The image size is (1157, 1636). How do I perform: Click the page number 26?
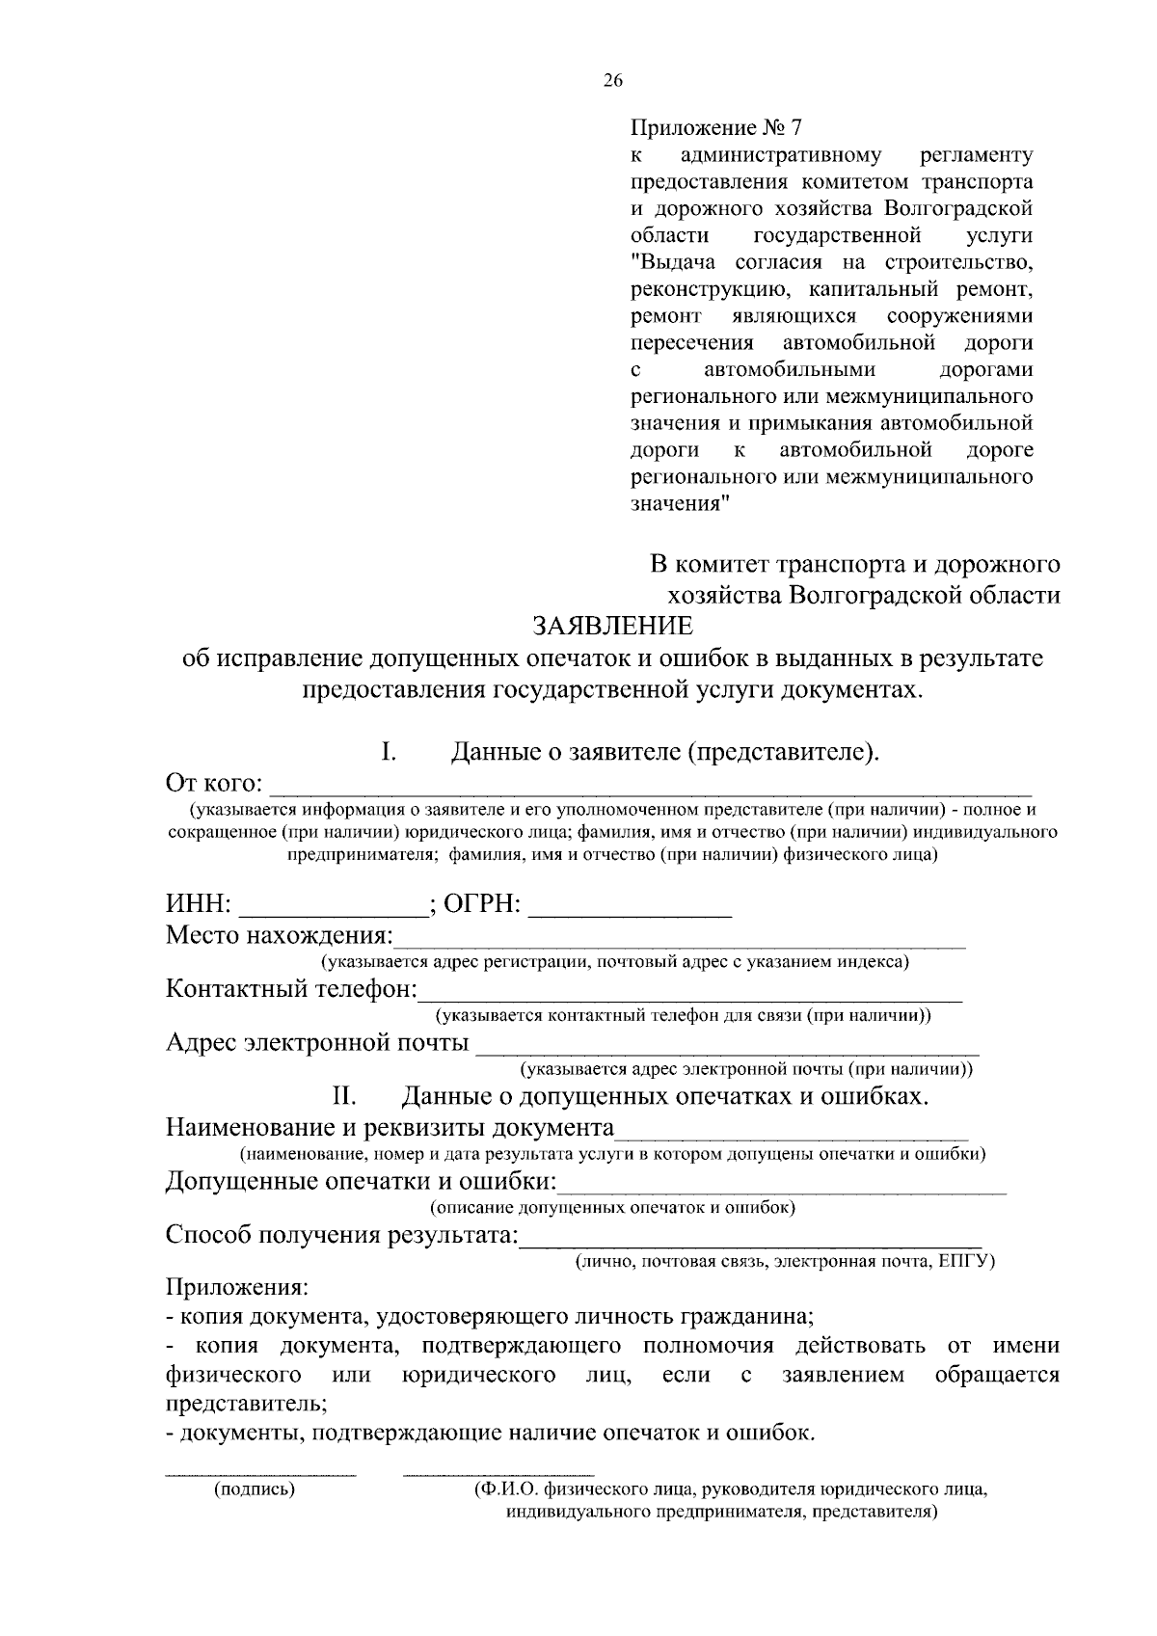[613, 81]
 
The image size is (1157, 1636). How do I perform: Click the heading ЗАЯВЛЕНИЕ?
[613, 627]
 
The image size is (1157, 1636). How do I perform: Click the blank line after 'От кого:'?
[648, 786]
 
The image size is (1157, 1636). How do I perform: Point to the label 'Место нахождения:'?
[280, 935]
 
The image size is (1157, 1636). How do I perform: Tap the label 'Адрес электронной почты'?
[317, 1042]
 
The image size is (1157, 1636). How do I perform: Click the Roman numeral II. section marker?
[344, 1096]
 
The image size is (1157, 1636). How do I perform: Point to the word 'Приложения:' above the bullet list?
[237, 1287]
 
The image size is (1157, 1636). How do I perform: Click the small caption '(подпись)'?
[254, 1489]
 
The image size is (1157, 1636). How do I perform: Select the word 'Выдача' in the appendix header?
[669, 262]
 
